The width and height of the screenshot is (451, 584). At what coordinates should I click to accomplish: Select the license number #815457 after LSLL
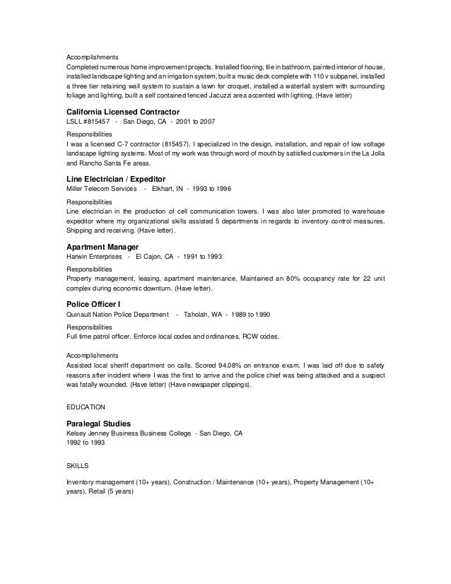coord(93,122)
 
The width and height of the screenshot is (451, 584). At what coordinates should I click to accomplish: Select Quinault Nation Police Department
coord(117,313)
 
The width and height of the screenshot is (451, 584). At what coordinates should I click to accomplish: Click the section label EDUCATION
coord(86,407)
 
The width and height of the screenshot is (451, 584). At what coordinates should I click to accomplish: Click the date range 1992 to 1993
coord(83,443)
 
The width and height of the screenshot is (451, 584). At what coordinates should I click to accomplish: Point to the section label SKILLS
coord(77,465)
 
